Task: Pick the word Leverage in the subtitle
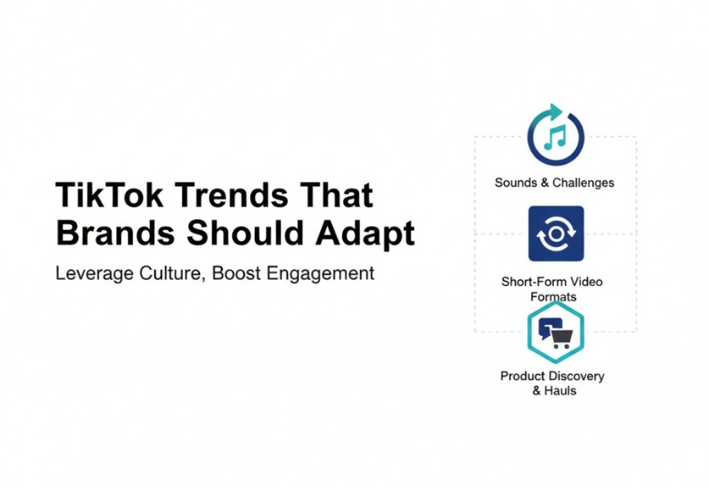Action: click(92, 273)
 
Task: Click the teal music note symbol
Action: click(555, 137)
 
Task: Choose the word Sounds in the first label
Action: click(516, 183)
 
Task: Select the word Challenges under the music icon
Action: click(582, 183)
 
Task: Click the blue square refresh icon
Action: click(555, 233)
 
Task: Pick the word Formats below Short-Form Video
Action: click(553, 296)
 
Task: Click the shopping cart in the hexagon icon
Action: click(561, 337)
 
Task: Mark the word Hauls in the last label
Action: click(560, 391)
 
